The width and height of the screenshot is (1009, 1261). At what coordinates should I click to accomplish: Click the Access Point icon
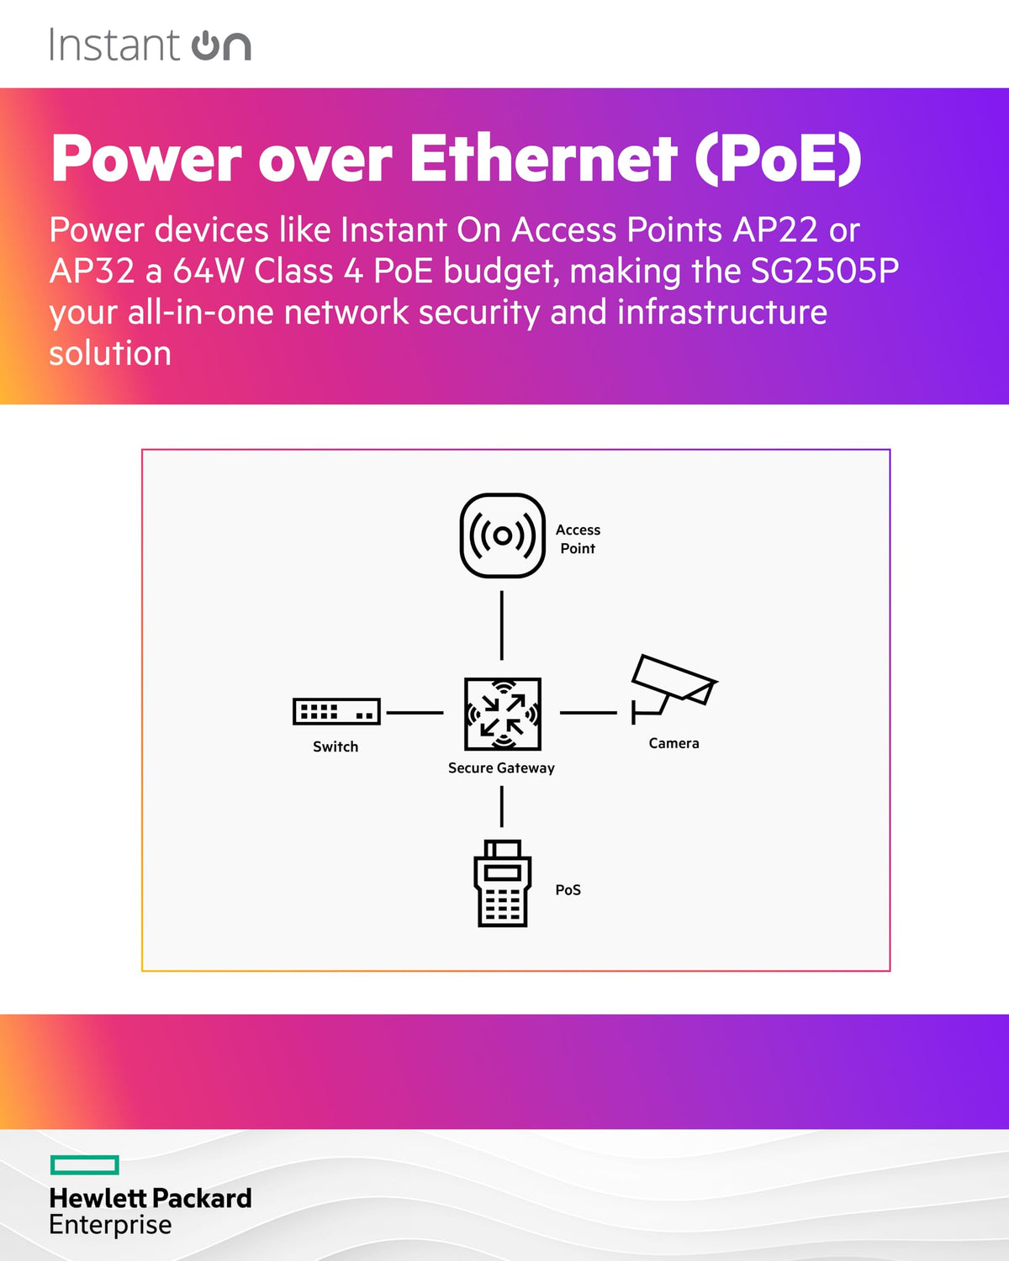(503, 536)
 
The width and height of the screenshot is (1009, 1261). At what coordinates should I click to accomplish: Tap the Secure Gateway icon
(503, 714)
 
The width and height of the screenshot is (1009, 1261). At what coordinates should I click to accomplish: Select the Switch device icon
(336, 711)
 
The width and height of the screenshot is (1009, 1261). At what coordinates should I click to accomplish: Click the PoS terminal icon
(503, 883)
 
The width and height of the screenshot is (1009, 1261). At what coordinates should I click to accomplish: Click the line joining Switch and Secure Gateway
(415, 713)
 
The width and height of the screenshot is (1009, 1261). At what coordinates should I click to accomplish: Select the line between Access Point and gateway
(502, 625)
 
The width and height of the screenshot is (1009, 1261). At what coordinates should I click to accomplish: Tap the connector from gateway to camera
(588, 713)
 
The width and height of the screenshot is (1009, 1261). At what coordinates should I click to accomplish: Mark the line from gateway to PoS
(502, 806)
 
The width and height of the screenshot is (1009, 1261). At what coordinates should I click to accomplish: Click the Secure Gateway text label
(501, 768)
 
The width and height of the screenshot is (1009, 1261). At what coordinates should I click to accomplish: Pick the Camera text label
(674, 743)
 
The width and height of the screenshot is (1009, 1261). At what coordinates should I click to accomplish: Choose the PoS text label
(568, 889)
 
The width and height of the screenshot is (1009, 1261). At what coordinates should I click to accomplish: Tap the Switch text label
(335, 747)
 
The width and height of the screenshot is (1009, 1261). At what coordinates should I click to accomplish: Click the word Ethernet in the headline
(543, 158)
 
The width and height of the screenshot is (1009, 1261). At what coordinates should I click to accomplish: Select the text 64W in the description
(209, 271)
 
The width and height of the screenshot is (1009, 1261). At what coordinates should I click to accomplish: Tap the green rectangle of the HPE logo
(85, 1165)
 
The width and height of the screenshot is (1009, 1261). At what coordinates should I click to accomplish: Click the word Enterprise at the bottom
(110, 1225)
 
